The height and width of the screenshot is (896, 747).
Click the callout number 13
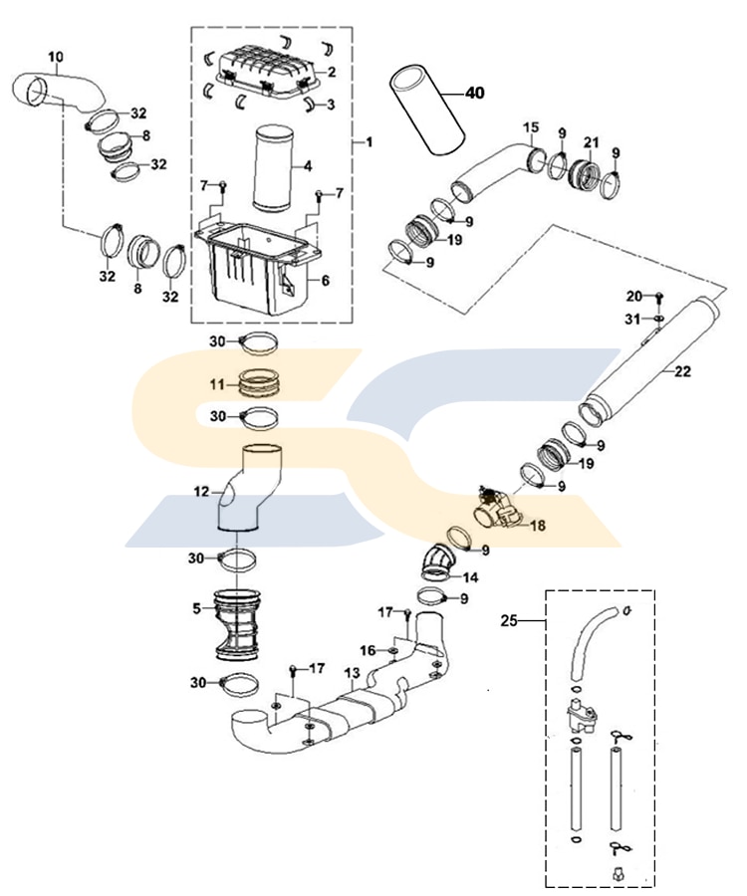(x=351, y=673)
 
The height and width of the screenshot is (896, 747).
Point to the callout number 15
(x=531, y=126)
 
